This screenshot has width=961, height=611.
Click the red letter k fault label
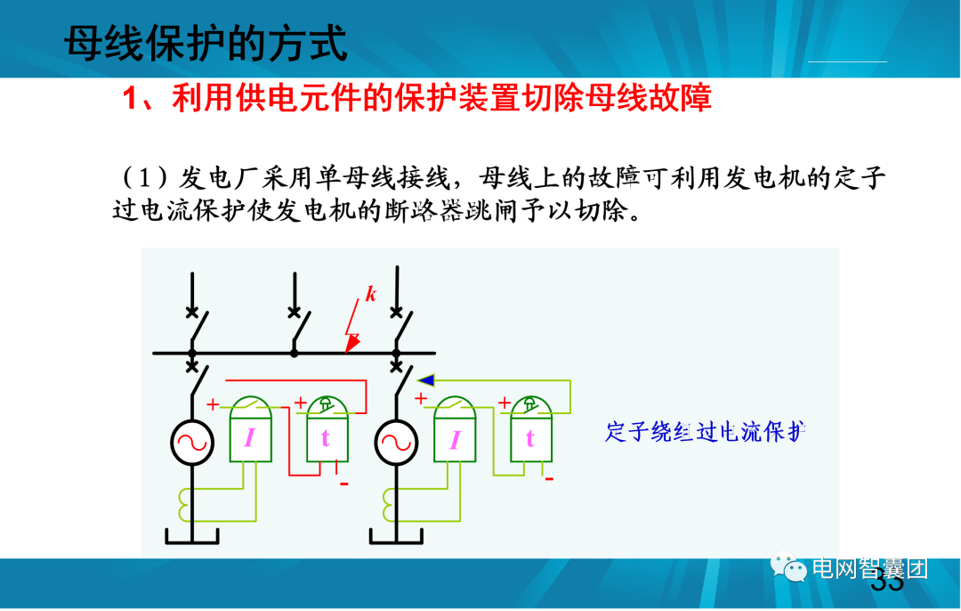point(370,295)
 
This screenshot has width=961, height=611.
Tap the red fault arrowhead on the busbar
point(352,344)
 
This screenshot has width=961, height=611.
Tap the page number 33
point(887,583)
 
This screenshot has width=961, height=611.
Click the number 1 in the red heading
point(130,98)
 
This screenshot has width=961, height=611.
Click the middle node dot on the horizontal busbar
point(295,353)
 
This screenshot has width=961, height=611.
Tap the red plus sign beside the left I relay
point(213,404)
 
